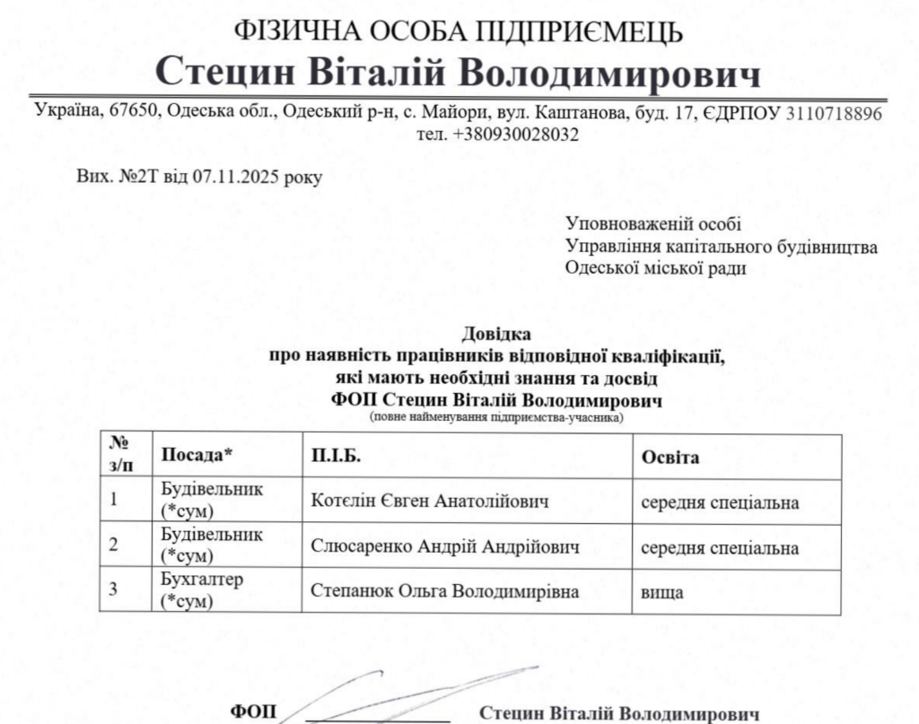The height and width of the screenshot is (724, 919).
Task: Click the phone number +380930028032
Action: tap(515, 135)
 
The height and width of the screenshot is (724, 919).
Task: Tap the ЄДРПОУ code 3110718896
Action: tap(834, 114)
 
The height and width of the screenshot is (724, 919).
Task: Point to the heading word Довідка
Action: tap(491, 336)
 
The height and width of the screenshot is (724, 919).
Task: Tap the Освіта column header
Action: tap(670, 457)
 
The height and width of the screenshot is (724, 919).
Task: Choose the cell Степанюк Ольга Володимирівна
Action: tap(444, 591)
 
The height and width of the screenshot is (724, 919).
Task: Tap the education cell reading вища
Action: tap(662, 592)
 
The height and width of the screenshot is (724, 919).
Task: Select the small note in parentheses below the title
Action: tap(496, 417)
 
